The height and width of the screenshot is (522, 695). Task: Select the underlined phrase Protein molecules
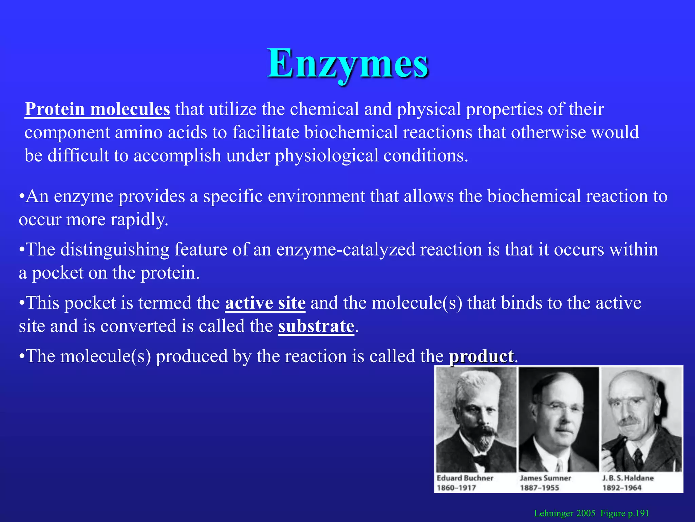[x=97, y=109]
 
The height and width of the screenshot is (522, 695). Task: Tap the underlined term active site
[x=265, y=303]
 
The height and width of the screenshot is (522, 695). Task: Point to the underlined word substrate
[x=316, y=326]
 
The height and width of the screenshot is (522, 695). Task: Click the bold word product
[x=481, y=356]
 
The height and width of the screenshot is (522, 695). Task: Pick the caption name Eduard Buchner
[x=465, y=478]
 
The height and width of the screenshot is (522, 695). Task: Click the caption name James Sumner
[x=545, y=478]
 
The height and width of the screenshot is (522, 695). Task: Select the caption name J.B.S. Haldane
[x=628, y=478]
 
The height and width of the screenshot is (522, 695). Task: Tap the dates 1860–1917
[x=456, y=488]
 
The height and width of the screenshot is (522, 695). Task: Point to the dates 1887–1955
[x=540, y=488]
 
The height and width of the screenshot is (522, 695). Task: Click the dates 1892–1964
[x=622, y=488]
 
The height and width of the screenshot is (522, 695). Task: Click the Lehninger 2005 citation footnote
[x=591, y=513]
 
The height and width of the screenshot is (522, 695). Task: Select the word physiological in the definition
[x=326, y=156]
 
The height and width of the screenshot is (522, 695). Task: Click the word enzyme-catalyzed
[x=345, y=249]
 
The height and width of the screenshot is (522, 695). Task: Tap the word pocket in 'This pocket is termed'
[x=90, y=303]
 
